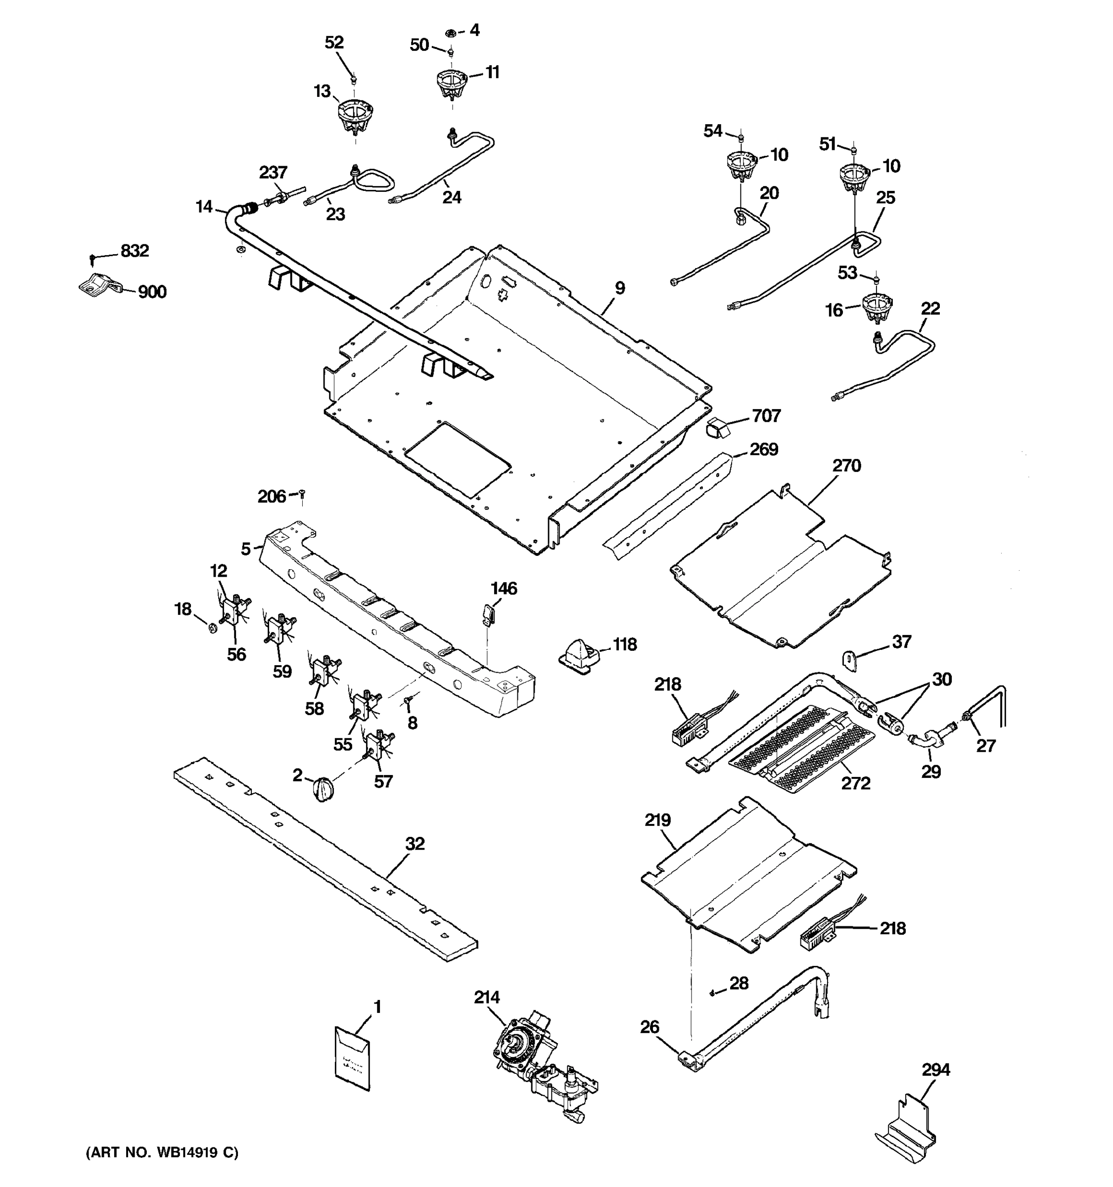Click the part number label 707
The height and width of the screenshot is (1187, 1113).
pyautogui.click(x=766, y=415)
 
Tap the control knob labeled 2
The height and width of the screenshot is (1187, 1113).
pyautogui.click(x=323, y=789)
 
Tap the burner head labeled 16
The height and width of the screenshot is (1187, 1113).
pyautogui.click(x=877, y=308)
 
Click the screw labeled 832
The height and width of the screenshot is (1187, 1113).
pyautogui.click(x=92, y=259)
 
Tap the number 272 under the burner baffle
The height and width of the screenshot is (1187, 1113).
pyautogui.click(x=856, y=783)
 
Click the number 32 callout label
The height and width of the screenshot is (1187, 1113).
pyautogui.click(x=415, y=844)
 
